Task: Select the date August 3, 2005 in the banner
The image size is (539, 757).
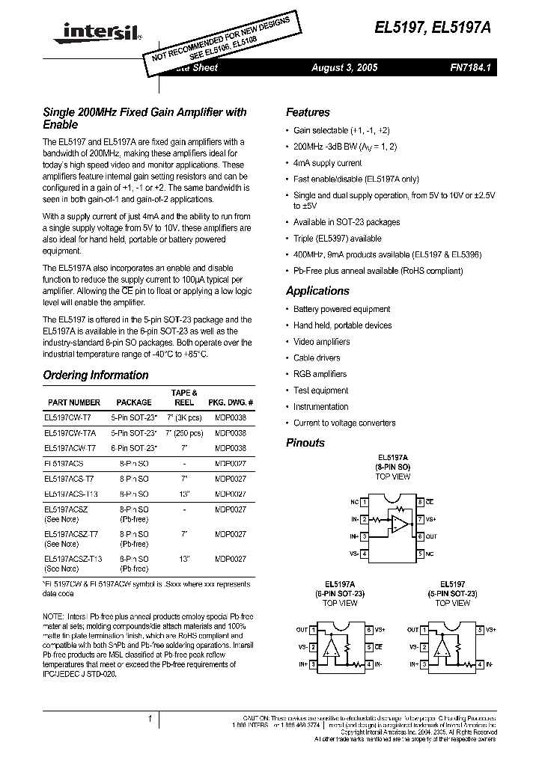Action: (x=344, y=67)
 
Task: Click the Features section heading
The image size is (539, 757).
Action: (x=308, y=112)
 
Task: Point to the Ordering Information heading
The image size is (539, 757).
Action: (x=96, y=376)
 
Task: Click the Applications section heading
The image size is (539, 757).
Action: (x=317, y=291)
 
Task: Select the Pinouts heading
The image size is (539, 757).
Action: (x=305, y=443)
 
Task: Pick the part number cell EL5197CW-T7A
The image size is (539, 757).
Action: (x=71, y=432)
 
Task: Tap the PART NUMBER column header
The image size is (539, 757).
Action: (x=73, y=402)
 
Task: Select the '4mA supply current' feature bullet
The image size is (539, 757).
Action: (x=327, y=162)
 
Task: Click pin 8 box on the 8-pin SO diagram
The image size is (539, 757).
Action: (x=421, y=502)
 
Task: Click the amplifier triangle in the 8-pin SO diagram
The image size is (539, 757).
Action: (x=400, y=524)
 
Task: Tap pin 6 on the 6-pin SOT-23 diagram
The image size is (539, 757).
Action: (x=369, y=630)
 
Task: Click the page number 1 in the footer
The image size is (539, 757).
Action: (x=150, y=719)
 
